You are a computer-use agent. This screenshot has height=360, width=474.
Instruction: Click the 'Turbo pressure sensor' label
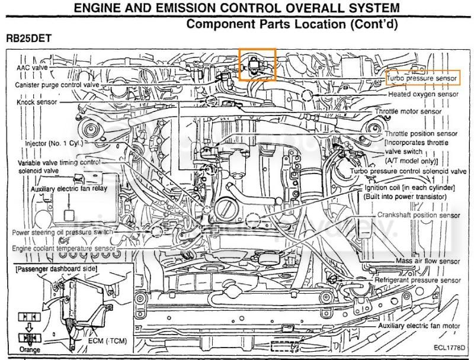click(422, 78)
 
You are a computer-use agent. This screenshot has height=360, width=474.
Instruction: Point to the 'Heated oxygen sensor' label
click(423, 94)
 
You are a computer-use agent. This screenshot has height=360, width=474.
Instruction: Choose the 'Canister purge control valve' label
click(57, 85)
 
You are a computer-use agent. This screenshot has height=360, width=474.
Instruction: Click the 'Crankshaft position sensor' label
click(419, 216)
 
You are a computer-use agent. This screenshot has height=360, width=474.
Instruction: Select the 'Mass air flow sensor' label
click(428, 261)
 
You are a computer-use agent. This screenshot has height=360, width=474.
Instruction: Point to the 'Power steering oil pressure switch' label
click(63, 233)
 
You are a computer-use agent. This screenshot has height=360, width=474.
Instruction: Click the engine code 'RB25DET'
click(29, 37)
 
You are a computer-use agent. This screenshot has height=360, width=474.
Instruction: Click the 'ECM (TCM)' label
click(102, 342)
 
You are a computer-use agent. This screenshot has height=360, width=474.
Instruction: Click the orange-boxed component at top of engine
click(257, 63)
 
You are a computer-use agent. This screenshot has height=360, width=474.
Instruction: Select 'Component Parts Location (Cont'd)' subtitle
click(291, 24)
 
